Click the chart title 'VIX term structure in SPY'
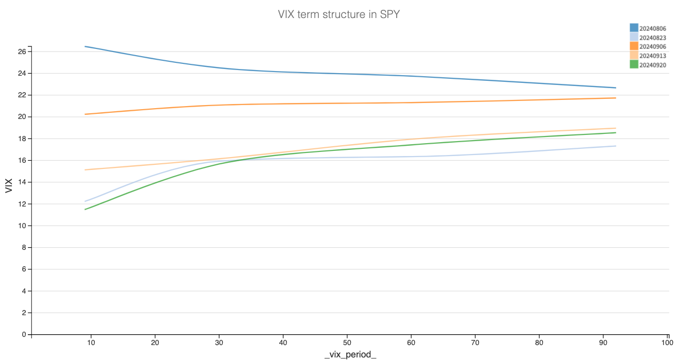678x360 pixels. coord(338,14)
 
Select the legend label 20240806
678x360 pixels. coord(653,28)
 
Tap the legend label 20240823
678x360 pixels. coord(653,38)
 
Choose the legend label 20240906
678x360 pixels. coord(653,47)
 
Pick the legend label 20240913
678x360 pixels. coord(653,56)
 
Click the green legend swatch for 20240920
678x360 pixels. coord(634,65)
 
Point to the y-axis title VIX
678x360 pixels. coord(9,185)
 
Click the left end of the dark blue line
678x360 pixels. coord(85,46)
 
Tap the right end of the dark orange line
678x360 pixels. coord(616,98)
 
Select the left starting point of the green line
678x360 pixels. coord(85,209)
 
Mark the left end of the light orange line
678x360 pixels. coord(85,169)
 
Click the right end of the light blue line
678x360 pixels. coord(616,146)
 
